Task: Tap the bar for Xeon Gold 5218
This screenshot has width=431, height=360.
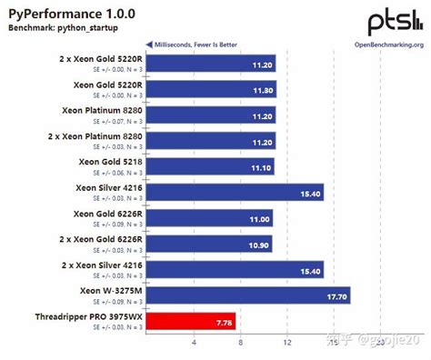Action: click(x=210, y=167)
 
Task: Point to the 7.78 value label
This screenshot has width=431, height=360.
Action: click(x=223, y=321)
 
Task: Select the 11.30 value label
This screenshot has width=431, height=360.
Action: click(x=263, y=91)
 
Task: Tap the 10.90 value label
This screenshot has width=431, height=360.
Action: click(x=259, y=245)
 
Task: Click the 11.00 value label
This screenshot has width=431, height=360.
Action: click(x=260, y=219)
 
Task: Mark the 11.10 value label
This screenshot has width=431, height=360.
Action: click(x=261, y=167)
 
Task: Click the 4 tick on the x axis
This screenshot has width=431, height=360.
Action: click(x=194, y=343)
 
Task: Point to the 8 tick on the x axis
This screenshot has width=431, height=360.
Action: click(x=240, y=343)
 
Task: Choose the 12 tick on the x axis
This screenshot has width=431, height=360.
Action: click(x=287, y=343)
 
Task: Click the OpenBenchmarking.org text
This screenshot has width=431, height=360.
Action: click(x=388, y=44)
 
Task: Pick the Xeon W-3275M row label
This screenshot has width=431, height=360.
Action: click(x=101, y=290)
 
